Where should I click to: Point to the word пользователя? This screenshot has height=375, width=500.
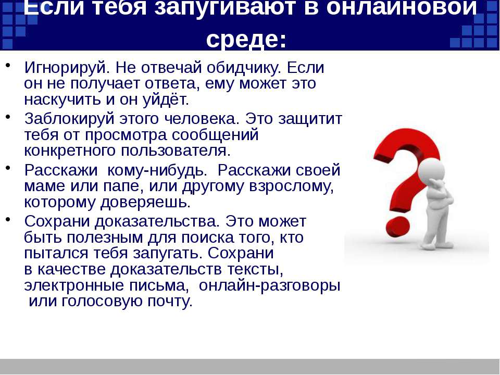176,151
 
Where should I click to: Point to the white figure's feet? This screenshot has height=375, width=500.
436,246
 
